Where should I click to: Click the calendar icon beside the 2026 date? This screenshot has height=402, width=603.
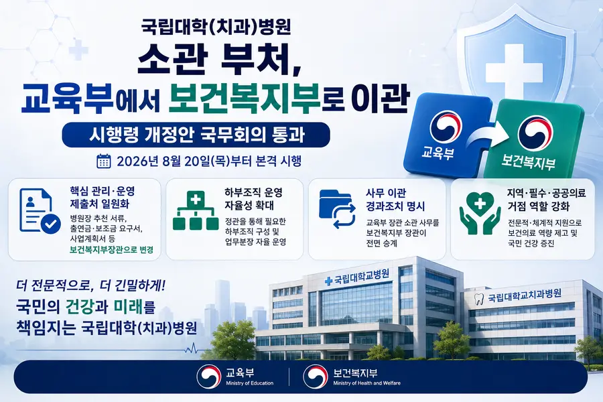(103, 161)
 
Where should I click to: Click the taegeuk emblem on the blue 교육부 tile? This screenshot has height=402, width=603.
(446, 127)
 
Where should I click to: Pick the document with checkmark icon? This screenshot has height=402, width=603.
(40, 211)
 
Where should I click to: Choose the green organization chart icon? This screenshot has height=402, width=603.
(196, 210)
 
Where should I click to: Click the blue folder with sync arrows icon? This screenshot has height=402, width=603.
(337, 209)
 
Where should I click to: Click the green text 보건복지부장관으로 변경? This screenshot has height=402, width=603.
(111, 250)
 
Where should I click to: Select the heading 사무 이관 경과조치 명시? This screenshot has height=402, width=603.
(395, 200)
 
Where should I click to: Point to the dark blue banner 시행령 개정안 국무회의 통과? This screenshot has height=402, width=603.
(196, 135)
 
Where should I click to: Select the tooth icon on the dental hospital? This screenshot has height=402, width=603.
(479, 299)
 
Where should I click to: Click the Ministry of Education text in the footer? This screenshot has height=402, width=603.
(250, 383)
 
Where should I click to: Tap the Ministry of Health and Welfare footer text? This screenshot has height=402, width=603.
(366, 383)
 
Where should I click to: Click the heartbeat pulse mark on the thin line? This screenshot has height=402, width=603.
(191, 349)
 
